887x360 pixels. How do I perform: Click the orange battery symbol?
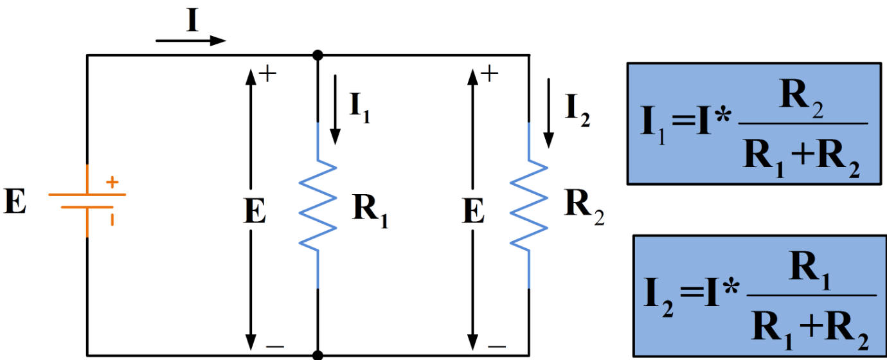(87, 201)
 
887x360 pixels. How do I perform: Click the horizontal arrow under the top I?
(191, 40)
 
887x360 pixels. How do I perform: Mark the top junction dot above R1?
(318, 56)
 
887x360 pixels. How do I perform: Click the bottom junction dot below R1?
(318, 355)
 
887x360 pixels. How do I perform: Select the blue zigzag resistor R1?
(318, 204)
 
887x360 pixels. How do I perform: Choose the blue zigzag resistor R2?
(529, 204)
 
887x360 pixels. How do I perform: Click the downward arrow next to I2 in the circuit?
(548, 112)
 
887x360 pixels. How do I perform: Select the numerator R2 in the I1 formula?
(801, 100)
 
